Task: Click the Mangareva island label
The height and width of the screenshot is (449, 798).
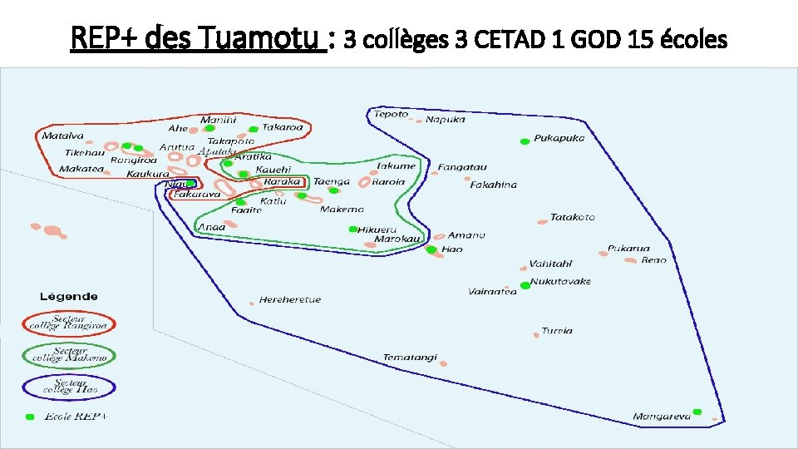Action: (661, 417)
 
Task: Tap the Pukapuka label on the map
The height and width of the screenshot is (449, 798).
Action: (559, 138)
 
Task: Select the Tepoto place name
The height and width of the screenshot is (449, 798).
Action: (391, 114)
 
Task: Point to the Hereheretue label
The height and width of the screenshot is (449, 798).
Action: (289, 300)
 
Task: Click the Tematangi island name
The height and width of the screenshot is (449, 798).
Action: (410, 358)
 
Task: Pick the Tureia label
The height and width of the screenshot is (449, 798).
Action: (557, 331)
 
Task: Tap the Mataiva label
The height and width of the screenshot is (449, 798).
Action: (63, 136)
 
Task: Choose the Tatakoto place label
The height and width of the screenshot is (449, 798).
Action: (573, 218)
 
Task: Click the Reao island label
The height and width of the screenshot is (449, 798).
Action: (653, 260)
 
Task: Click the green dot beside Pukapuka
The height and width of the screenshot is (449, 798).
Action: (525, 141)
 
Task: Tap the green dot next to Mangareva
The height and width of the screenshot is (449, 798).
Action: (697, 412)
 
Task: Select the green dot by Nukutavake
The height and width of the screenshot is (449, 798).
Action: (525, 285)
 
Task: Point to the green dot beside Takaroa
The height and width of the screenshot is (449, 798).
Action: (253, 129)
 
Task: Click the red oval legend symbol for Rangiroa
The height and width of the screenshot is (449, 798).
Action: (69, 323)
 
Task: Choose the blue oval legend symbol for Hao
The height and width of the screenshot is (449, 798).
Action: (69, 387)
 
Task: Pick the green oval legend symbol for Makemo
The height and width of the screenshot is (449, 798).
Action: (69, 355)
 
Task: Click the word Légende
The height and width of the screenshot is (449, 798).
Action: (69, 296)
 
